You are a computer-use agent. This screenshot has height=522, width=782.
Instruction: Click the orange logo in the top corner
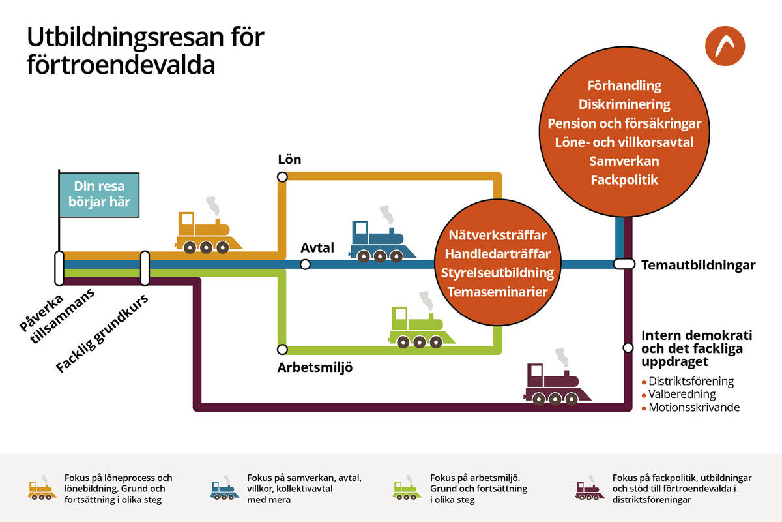coord(725,48)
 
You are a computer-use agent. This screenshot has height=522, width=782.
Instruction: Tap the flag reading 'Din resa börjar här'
coord(98,194)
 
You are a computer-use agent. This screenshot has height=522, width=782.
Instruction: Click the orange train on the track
coord(207,233)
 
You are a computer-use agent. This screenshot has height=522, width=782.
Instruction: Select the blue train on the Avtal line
coord(382,241)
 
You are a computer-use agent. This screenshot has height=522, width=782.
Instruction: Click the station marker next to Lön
coord(282,177)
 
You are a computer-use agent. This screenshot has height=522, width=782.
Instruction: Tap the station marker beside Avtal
coord(305,264)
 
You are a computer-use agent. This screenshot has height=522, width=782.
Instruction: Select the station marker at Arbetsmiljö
coord(282,349)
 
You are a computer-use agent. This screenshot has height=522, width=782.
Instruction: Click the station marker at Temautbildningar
coord(624,264)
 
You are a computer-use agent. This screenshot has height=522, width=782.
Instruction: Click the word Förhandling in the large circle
coord(624,85)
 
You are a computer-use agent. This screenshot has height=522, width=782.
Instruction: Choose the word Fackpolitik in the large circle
coord(624,179)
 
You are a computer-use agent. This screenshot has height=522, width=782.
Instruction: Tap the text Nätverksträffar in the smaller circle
coord(497,234)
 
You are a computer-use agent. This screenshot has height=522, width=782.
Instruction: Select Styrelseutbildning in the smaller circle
coord(497,273)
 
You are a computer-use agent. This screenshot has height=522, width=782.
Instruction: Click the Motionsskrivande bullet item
coord(693,408)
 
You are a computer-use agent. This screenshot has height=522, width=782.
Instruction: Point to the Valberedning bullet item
coord(682,395)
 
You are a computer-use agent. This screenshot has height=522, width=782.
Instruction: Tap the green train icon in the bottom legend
coord(407,490)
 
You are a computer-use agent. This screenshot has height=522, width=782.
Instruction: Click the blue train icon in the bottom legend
coord(224,490)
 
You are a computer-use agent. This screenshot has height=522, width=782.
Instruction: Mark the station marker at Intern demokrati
coord(628,348)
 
